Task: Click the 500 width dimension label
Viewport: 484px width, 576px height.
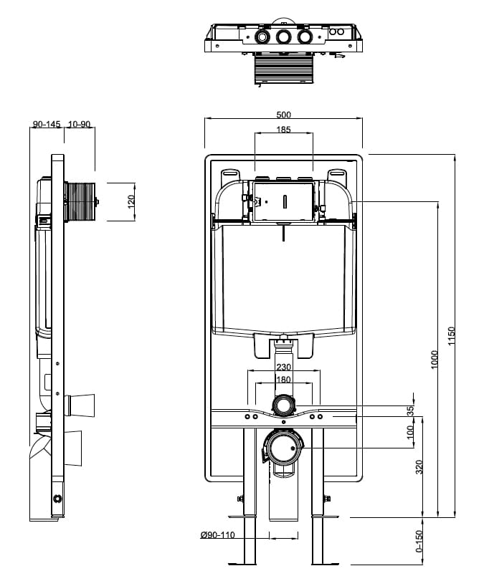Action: [x=284, y=115]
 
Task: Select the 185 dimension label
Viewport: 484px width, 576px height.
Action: [x=284, y=130]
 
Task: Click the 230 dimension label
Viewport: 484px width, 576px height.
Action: [x=283, y=367]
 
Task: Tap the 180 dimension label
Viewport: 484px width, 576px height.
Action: [x=283, y=380]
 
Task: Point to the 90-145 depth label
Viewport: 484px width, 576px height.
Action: [x=47, y=124]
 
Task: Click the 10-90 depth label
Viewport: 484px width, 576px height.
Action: [x=80, y=124]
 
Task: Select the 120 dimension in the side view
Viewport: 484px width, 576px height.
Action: [x=131, y=202]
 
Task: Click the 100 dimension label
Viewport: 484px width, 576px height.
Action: [x=411, y=433]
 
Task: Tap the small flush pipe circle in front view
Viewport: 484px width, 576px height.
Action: [x=284, y=405]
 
